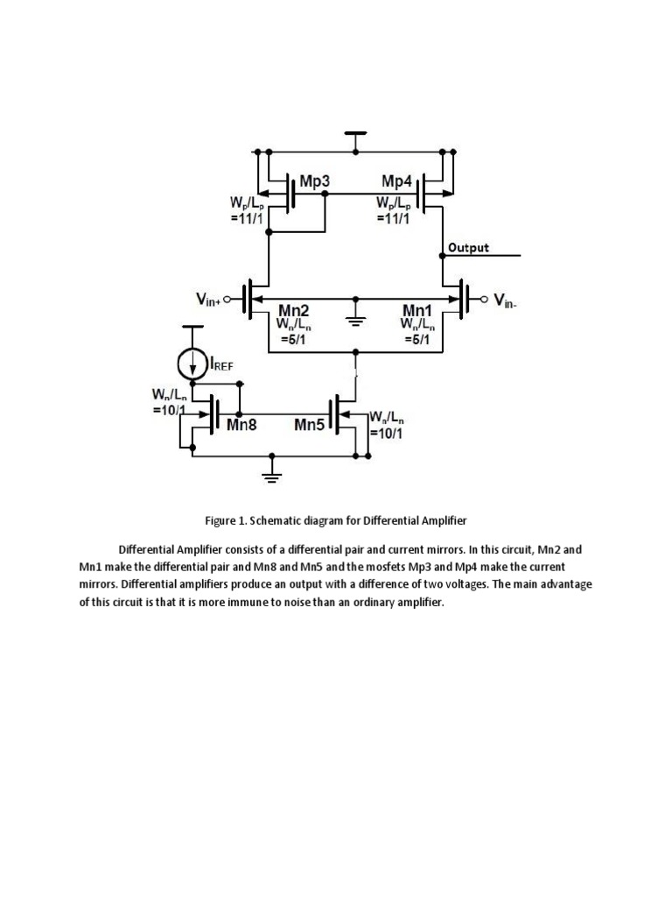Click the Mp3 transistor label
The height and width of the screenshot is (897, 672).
pos(314,181)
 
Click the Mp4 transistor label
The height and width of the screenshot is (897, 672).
pos(396,181)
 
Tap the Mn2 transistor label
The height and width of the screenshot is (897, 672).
pos(293,311)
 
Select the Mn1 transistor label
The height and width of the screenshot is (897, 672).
pos(417,311)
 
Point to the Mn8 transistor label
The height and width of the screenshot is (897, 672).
pos(241,426)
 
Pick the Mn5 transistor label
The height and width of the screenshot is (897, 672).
pos(310,426)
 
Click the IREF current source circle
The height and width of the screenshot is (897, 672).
pos(193,362)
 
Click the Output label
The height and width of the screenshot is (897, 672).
pos(468,247)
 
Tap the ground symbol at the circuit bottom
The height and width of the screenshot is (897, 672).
pos(272,476)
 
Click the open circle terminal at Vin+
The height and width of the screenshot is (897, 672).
pos(227,300)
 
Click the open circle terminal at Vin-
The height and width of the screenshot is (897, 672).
pos(484,300)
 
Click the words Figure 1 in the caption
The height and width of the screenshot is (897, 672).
pos(225,520)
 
